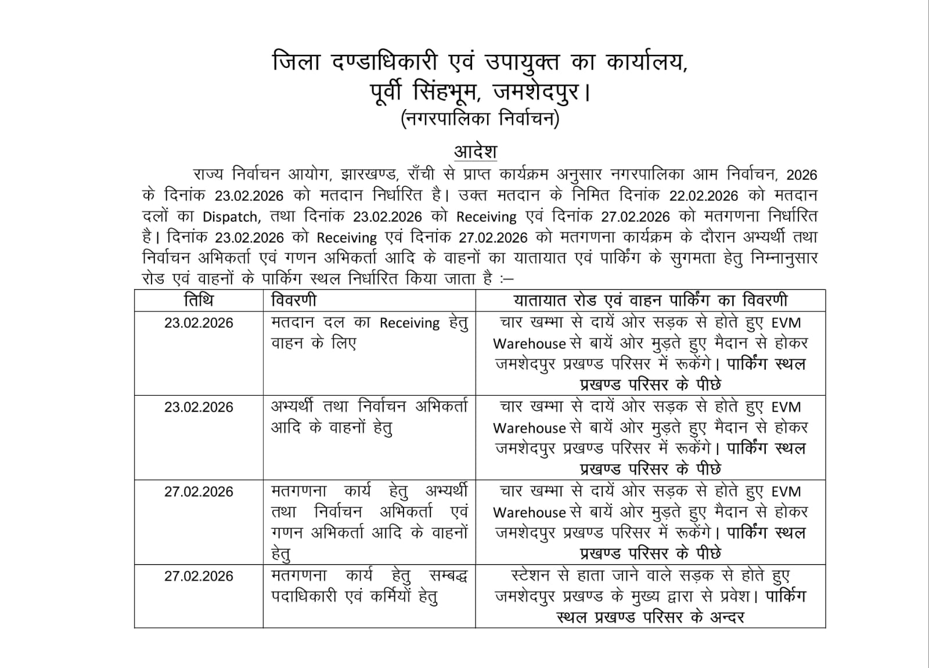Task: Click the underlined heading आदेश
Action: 475,151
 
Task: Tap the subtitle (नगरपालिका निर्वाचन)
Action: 480,119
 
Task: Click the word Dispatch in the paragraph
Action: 230,217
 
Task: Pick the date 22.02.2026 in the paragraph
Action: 704,196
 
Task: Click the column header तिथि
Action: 199,301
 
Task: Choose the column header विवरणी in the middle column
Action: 294,301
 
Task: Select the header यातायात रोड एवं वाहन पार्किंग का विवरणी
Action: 650,301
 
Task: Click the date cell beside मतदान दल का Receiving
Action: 199,323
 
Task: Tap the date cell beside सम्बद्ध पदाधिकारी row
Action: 199,576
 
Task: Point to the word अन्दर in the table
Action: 727,618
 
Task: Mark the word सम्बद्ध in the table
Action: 448,576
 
